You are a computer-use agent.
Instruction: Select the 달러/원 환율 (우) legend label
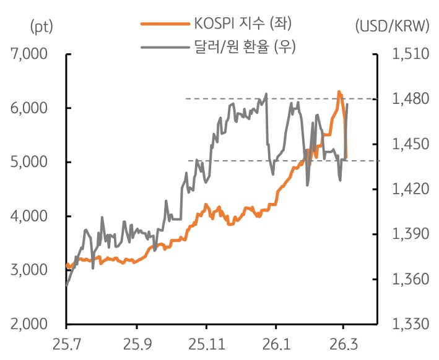click(x=241, y=46)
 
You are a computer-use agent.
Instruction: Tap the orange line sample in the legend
click(x=163, y=24)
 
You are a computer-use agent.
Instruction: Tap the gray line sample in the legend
click(x=163, y=46)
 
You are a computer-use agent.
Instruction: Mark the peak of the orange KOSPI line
click(x=339, y=92)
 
